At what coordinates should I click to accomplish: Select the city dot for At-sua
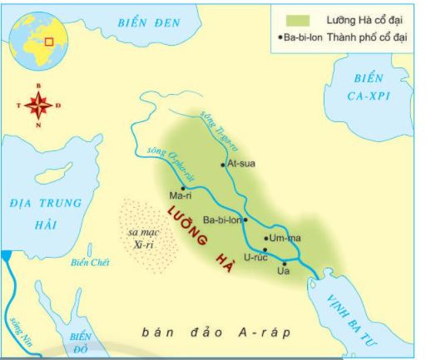click(x=223, y=165)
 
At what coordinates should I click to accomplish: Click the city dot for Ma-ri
click(x=183, y=188)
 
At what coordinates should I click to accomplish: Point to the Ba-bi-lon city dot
click(x=245, y=220)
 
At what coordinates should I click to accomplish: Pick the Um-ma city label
click(x=284, y=239)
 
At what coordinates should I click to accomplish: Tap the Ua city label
click(x=283, y=271)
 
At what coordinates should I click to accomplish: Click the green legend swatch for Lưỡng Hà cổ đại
click(x=298, y=19)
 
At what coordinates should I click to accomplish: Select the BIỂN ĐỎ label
click(x=81, y=343)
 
